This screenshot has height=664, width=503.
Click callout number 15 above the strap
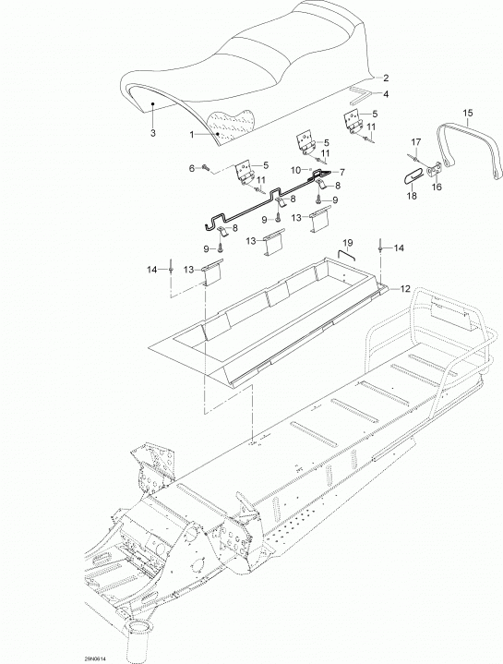pos(468,114)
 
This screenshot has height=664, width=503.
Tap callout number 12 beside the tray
pos(405,289)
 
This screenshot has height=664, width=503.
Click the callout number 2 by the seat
pos(386,78)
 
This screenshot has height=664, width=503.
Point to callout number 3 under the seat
pos(153,133)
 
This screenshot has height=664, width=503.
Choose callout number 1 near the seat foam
pos(192,135)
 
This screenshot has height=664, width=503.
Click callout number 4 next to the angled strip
pos(386,94)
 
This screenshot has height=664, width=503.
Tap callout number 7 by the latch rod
pos(341,172)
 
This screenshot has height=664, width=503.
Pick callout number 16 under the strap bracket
pos(437,187)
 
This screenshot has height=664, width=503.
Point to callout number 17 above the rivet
pos(416,141)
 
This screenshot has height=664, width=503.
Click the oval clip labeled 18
pos(412,177)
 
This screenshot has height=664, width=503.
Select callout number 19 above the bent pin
pos(348,242)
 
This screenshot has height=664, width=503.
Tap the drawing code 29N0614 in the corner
pos(96,658)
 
